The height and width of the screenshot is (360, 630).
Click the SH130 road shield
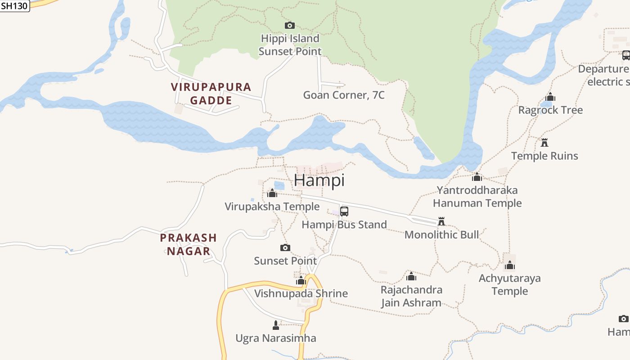pos(14,6)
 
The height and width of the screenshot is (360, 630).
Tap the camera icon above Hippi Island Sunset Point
pos(290,25)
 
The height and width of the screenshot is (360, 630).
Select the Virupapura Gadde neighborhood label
pos(211,94)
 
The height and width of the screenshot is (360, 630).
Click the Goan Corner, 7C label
pos(344,95)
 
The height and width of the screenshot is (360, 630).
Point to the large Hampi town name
pos(319,180)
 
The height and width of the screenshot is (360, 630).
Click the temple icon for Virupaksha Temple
pos(272,193)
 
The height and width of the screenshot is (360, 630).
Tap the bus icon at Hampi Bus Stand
pos(344,211)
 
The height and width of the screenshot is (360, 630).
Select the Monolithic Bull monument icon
pos(441,221)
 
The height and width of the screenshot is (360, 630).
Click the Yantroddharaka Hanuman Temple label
pos(477,197)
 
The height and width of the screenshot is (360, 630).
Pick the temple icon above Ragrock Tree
pos(550,97)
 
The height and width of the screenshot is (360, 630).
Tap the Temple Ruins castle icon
pos(544,143)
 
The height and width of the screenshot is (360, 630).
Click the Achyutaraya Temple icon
pos(509,265)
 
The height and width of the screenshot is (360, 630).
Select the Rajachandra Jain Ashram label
pos(411,296)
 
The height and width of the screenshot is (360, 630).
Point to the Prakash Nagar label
pos(189,244)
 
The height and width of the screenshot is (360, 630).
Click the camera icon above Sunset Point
pos(285,247)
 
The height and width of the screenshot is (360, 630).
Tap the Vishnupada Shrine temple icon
pos(301,281)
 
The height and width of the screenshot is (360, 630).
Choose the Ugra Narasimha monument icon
pos(276,325)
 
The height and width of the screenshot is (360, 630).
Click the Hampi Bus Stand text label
pos(344,225)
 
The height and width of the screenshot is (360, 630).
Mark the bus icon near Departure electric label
pos(626,55)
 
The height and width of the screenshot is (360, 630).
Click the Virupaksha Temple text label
pos(272,207)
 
